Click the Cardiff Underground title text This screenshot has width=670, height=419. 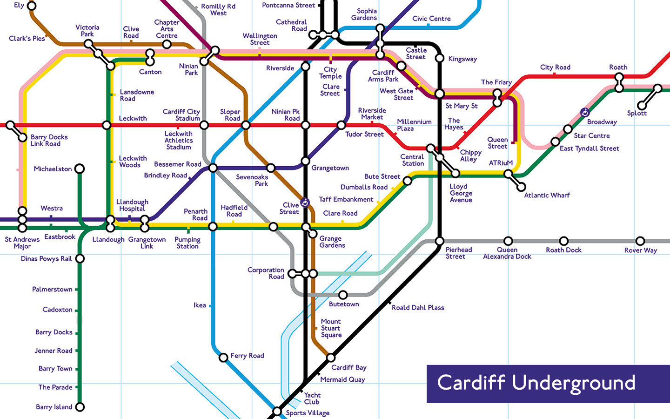click(x=536, y=383)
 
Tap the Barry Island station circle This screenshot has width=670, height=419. click(x=80, y=407)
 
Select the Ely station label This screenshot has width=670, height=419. click(x=19, y=6)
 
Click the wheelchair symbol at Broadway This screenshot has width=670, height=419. click(x=585, y=112)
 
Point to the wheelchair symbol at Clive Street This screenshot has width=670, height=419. click(x=305, y=203)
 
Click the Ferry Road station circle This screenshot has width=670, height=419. click(x=224, y=357)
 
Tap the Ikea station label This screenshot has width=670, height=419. click(x=200, y=305)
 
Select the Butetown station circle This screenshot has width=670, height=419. click(x=343, y=295)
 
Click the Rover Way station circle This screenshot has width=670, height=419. click(x=640, y=241)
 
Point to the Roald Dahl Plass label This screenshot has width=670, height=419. click(x=418, y=308)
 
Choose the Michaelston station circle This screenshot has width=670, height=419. click(x=80, y=169)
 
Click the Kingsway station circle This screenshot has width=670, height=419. click(x=440, y=58)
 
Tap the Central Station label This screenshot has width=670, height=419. click(x=412, y=160)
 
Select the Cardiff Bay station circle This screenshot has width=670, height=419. click(x=331, y=358)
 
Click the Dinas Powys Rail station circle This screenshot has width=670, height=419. click(x=80, y=258)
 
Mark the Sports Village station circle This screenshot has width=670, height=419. click(x=277, y=412)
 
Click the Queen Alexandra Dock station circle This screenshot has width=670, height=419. click(x=508, y=241)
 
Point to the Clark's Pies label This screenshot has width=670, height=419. click(x=27, y=39)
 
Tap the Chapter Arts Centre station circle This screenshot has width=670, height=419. click(x=167, y=44)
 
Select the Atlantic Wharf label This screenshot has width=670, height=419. click(x=547, y=196)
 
